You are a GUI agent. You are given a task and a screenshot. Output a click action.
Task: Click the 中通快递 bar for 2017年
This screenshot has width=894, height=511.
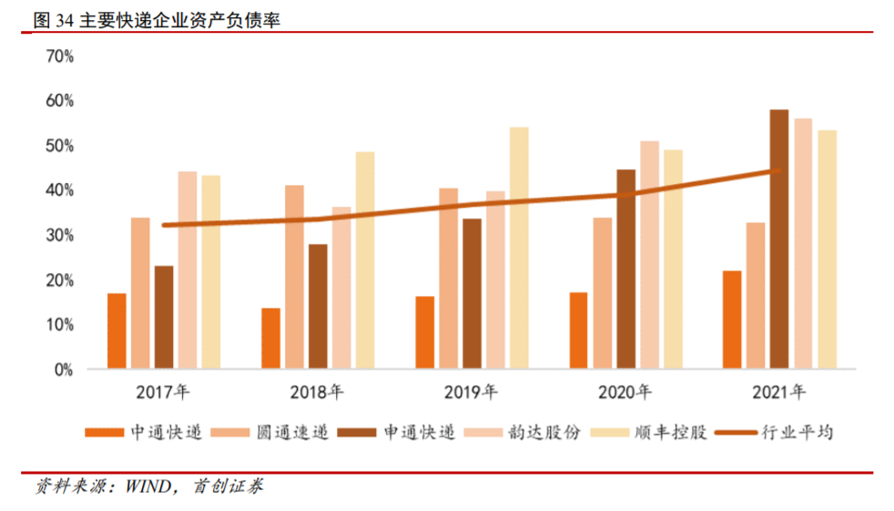(x=117, y=332)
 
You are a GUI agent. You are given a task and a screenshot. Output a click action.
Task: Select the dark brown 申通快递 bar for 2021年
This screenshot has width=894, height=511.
(x=778, y=240)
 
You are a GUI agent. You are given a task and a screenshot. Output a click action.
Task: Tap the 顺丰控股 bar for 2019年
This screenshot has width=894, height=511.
(x=519, y=249)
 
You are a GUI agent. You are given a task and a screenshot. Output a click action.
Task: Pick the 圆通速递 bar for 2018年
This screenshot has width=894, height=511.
(x=294, y=278)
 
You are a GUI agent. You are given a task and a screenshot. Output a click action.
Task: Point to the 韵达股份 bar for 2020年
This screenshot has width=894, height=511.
(x=650, y=255)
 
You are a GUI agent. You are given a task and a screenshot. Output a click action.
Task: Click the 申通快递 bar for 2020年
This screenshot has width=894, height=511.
(x=626, y=270)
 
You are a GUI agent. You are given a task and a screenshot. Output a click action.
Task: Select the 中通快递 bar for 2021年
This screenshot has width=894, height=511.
(x=731, y=320)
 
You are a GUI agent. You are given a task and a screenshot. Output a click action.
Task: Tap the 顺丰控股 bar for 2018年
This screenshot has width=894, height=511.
(x=365, y=261)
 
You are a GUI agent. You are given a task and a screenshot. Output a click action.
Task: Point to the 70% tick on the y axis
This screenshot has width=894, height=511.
(x=59, y=56)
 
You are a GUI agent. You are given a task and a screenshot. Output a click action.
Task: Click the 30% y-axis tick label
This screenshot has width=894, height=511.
(x=59, y=235)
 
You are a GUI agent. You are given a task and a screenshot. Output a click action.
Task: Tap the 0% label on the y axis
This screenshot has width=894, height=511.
(x=63, y=370)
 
